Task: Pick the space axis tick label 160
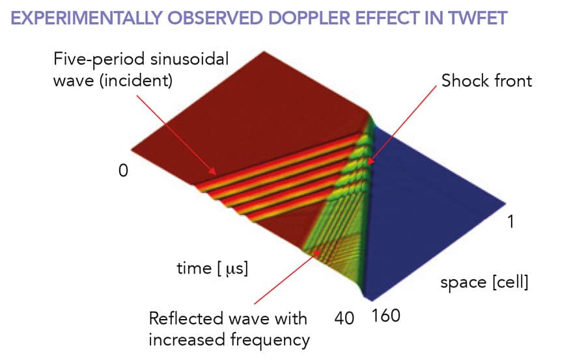[x=385, y=318]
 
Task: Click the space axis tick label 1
[x=512, y=222]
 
